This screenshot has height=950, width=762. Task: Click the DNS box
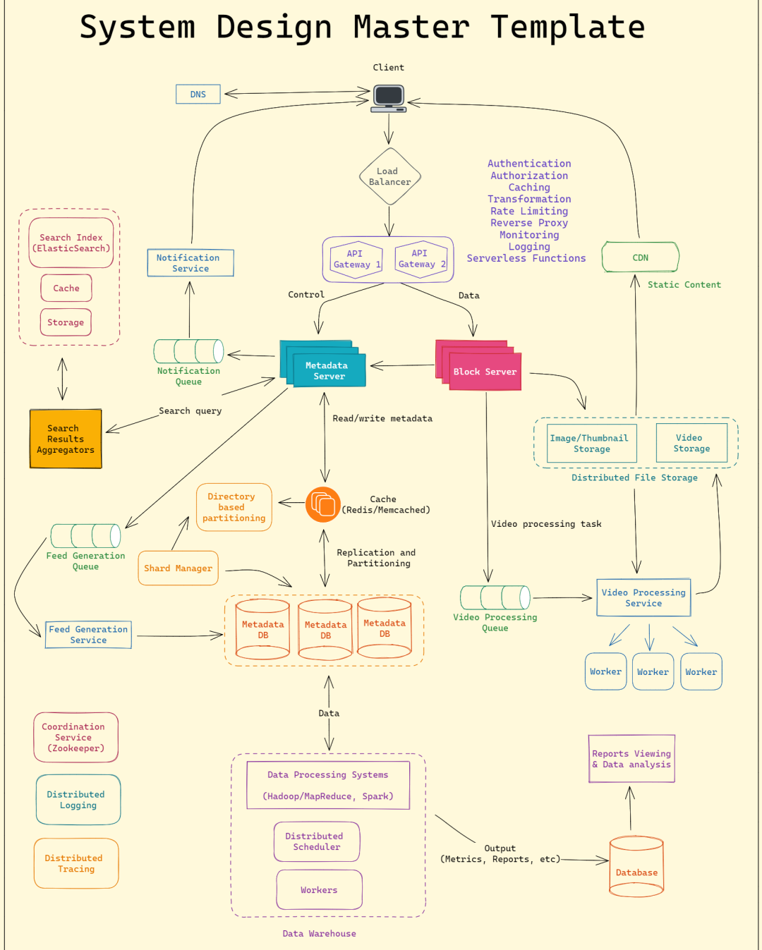tap(198, 95)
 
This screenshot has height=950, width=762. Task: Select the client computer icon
tap(389, 99)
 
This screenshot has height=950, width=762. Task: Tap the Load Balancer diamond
tap(389, 176)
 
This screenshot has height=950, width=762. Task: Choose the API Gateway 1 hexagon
tap(356, 259)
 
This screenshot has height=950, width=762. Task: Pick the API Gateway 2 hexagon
tap(421, 259)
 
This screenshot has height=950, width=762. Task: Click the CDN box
tap(640, 257)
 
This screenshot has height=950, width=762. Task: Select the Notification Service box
tap(190, 263)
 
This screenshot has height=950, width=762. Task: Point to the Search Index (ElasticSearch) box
tap(71, 243)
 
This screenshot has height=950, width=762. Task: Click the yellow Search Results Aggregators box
tap(66, 439)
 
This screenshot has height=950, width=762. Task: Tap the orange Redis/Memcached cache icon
tap(323, 504)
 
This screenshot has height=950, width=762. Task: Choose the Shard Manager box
tap(178, 568)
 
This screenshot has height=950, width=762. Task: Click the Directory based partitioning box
tap(234, 507)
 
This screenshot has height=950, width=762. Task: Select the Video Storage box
tap(691, 443)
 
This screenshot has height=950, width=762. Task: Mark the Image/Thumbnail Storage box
tap(591, 444)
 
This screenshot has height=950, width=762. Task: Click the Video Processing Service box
tap(643, 598)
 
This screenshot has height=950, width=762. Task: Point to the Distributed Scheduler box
tap(316, 841)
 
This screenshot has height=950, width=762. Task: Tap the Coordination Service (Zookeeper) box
tap(75, 737)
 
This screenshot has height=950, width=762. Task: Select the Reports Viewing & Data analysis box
tap(631, 759)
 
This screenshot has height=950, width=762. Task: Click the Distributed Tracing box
tap(75, 863)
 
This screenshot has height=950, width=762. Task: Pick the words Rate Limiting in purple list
tap(529, 211)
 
